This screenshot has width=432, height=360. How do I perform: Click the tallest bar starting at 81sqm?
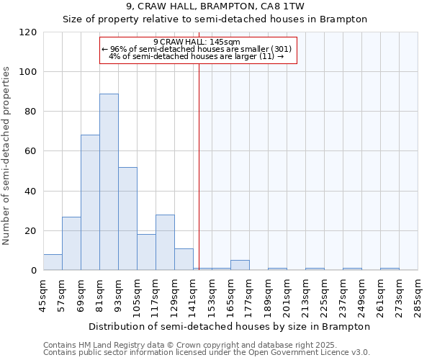(109, 181)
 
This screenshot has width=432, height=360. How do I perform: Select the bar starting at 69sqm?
(90, 202)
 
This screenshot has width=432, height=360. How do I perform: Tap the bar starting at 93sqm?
(127, 218)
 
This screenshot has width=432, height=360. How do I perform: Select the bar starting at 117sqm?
(165, 243)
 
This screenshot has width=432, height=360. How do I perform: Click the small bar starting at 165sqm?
(240, 265)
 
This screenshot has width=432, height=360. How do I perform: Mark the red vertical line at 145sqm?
(199, 166)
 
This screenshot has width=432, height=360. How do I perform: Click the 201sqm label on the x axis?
(287, 296)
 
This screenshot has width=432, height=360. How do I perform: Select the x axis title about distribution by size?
(230, 326)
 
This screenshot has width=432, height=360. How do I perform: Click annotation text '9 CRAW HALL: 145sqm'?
(197, 42)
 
